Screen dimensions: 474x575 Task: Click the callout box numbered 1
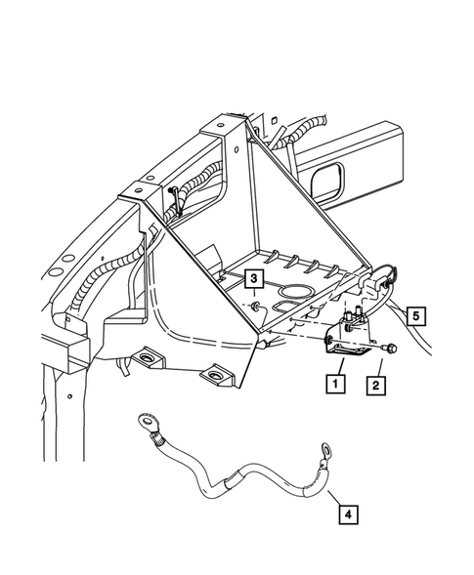click(335, 384)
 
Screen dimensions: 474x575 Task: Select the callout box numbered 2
click(375, 386)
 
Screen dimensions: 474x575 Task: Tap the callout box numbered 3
click(254, 278)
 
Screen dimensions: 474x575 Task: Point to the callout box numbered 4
click(348, 514)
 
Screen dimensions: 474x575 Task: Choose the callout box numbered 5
click(416, 315)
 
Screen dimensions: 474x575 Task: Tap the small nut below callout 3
click(254, 306)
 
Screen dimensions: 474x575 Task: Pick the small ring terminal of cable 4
click(325, 450)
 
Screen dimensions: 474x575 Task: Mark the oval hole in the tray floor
click(297, 291)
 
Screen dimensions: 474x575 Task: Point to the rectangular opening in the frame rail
click(327, 179)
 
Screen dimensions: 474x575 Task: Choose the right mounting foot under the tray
click(217, 375)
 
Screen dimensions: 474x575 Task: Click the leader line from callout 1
click(341, 367)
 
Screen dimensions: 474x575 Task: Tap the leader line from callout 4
click(335, 498)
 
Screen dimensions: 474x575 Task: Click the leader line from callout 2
click(379, 368)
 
